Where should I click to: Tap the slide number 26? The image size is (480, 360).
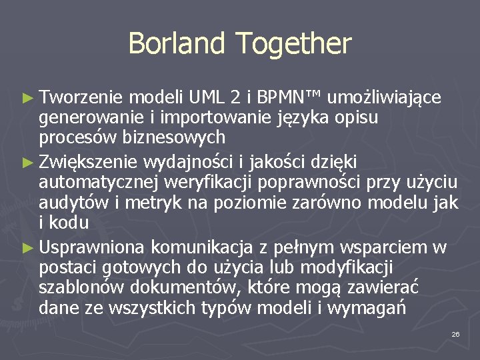pos(455,333)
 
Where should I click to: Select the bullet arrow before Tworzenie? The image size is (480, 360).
pos(27,98)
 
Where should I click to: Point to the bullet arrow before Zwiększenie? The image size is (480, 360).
pos(27,162)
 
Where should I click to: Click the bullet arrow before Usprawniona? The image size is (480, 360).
pos(27,247)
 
